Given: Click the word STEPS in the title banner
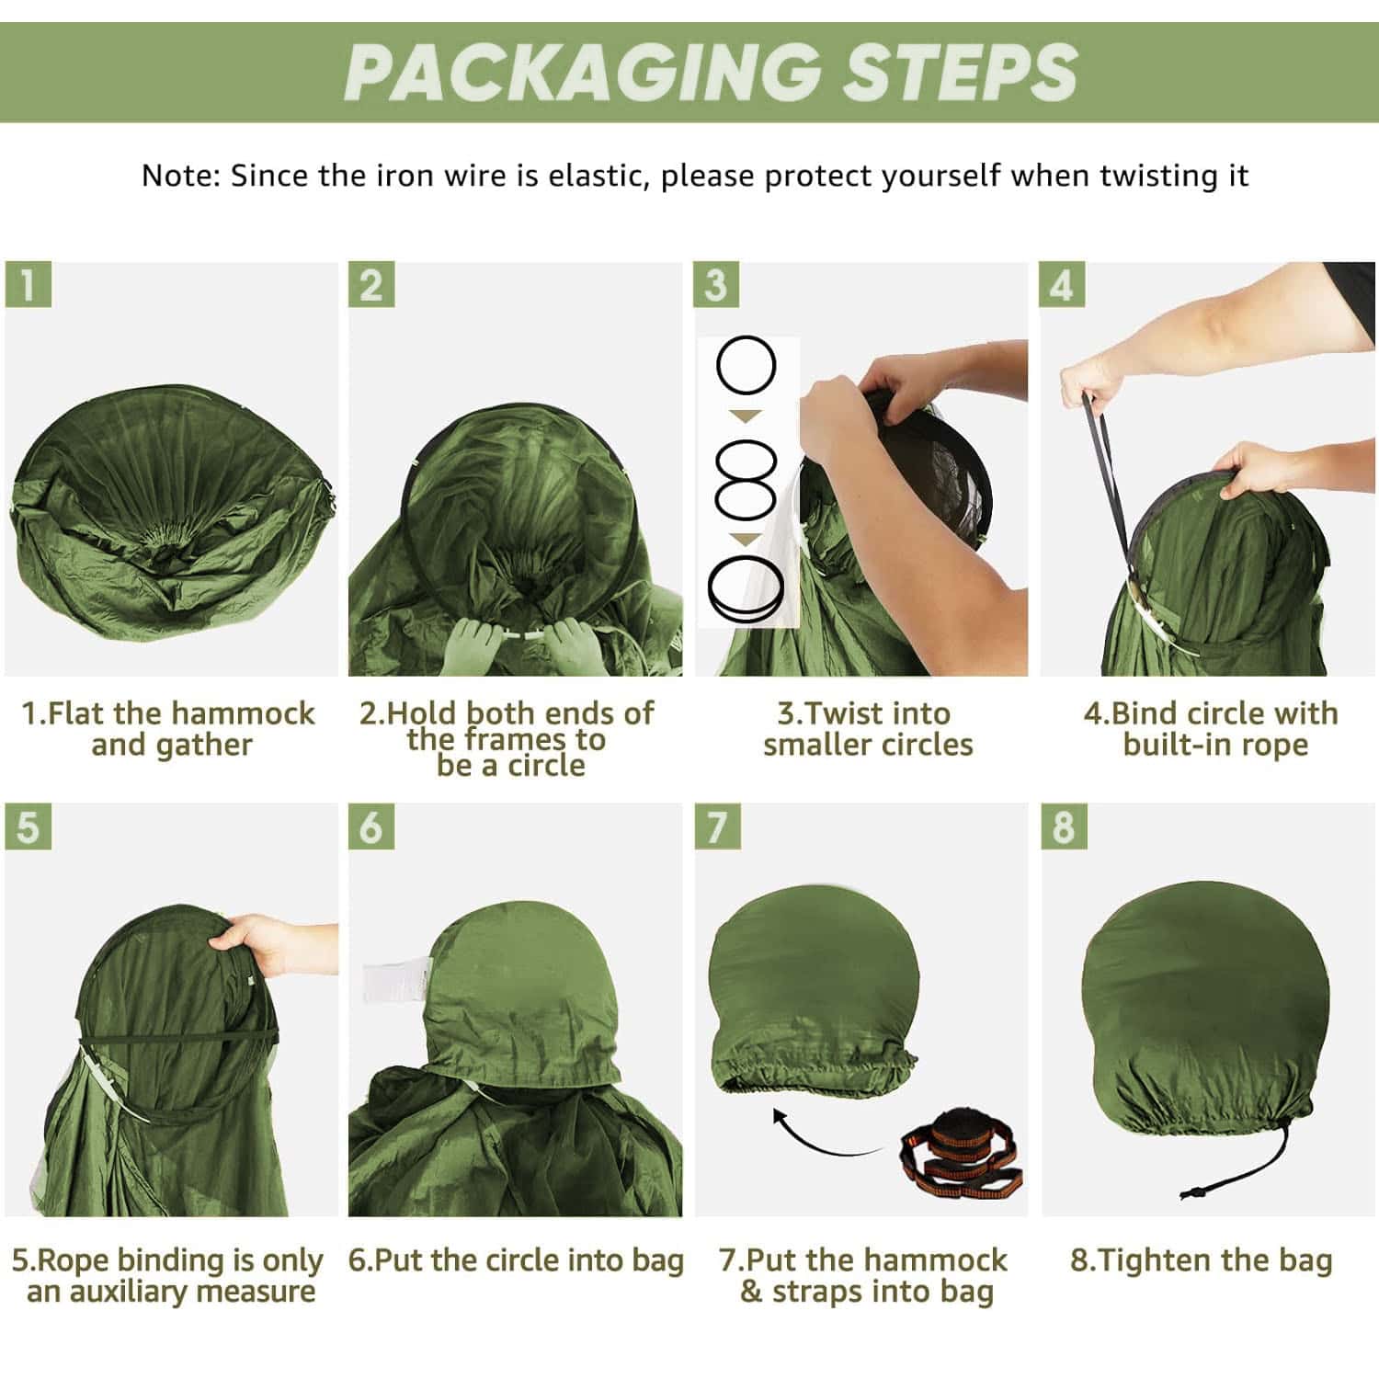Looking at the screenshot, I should click(x=960, y=73).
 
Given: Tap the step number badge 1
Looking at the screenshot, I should click(x=28, y=285).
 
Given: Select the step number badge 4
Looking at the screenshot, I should click(x=1063, y=285).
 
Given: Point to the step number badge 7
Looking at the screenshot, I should click(x=717, y=826).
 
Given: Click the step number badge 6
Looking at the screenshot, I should click(x=371, y=826).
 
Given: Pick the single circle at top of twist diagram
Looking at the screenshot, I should click(x=746, y=365).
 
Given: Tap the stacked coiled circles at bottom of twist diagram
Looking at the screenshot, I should click(x=746, y=588).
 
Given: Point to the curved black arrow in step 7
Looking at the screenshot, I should click(x=827, y=1135).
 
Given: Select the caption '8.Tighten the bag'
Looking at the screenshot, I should click(x=1201, y=1259).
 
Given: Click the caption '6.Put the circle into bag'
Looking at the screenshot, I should click(x=516, y=1259).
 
